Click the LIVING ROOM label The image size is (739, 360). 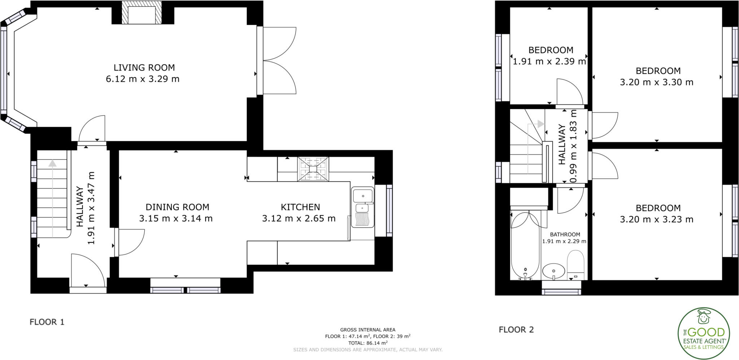pos(144,68)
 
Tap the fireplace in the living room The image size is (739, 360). pos(141,14)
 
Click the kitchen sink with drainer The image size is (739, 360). pos(363,208)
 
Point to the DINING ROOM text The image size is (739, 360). pos(177,207)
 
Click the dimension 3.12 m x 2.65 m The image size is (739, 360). pos(298,218)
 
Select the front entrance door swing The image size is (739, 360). pos(88,271)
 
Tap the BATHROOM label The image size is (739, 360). pos(565,234)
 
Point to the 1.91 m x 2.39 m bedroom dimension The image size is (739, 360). pos(549,61)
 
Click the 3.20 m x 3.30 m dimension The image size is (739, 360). pos(656,82)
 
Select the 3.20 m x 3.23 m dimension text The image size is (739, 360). pos(656,220)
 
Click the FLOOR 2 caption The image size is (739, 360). pos(516,329)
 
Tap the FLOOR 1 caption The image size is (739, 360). pos(47,322)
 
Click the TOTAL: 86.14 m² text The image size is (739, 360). pos(368,343)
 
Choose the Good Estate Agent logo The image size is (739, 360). pos(704,333)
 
